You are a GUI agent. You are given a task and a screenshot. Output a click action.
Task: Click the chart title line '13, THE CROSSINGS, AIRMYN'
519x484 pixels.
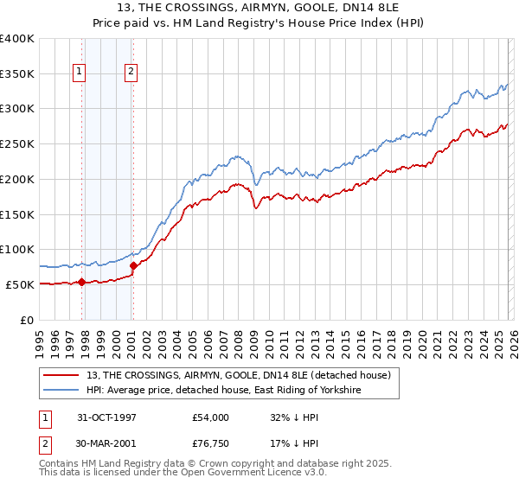tap(259, 10)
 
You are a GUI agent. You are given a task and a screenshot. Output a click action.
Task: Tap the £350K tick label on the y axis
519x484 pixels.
tap(17, 73)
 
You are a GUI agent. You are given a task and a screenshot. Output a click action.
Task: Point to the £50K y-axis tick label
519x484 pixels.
tap(21, 284)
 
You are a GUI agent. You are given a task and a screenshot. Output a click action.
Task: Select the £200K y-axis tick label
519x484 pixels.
tap(17, 179)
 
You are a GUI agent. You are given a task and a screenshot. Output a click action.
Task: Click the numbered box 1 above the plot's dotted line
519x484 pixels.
tap(80, 73)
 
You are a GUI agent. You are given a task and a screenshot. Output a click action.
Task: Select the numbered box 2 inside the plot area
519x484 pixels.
tap(131, 73)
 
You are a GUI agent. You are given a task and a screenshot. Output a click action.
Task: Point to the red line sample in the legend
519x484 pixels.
tap(61, 375)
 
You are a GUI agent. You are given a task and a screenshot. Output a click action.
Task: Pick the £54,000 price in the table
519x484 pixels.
tap(211, 417)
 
